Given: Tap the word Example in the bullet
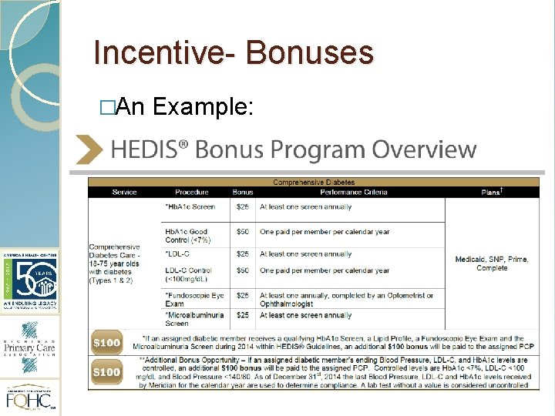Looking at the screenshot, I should [203, 108].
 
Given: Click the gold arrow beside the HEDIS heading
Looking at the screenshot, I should [89, 149].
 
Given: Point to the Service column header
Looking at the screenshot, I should [124, 192].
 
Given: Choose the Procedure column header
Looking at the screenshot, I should [191, 192].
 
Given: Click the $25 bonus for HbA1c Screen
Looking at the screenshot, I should [243, 206].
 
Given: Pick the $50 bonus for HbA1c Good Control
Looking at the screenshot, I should [243, 231].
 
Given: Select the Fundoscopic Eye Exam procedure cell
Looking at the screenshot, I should [194, 299].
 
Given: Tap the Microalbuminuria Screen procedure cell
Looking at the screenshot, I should [194, 319].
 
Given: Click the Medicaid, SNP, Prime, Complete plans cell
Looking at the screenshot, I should [492, 263].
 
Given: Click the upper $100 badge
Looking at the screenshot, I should [107, 343].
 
